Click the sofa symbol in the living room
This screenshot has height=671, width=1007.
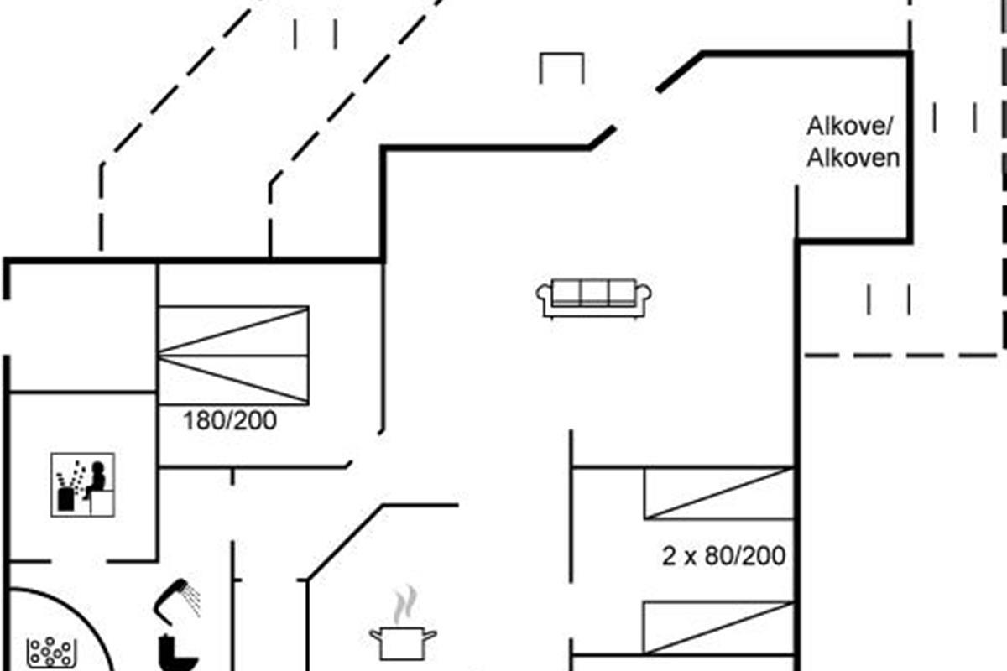point(593,298)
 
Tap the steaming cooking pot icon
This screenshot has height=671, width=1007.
point(403,625)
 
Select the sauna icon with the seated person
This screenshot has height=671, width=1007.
point(83,485)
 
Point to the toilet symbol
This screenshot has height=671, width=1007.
point(177,653)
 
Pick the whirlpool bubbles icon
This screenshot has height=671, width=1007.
point(51,652)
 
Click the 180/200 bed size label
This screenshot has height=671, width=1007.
point(230,421)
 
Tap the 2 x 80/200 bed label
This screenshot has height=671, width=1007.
point(723,556)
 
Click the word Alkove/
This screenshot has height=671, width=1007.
point(849,126)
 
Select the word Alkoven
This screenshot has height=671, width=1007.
point(853,159)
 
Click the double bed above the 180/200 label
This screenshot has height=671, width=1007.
point(234,356)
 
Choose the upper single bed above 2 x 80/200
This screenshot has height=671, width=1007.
point(719,493)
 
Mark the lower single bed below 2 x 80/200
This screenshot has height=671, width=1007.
point(719,627)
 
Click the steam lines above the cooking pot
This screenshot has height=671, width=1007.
point(404,605)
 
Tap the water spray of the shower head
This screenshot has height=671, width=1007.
point(192,601)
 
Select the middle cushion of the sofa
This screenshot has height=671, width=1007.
point(594,293)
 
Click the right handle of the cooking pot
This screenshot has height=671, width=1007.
point(430,635)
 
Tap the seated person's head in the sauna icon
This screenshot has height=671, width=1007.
point(97,467)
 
